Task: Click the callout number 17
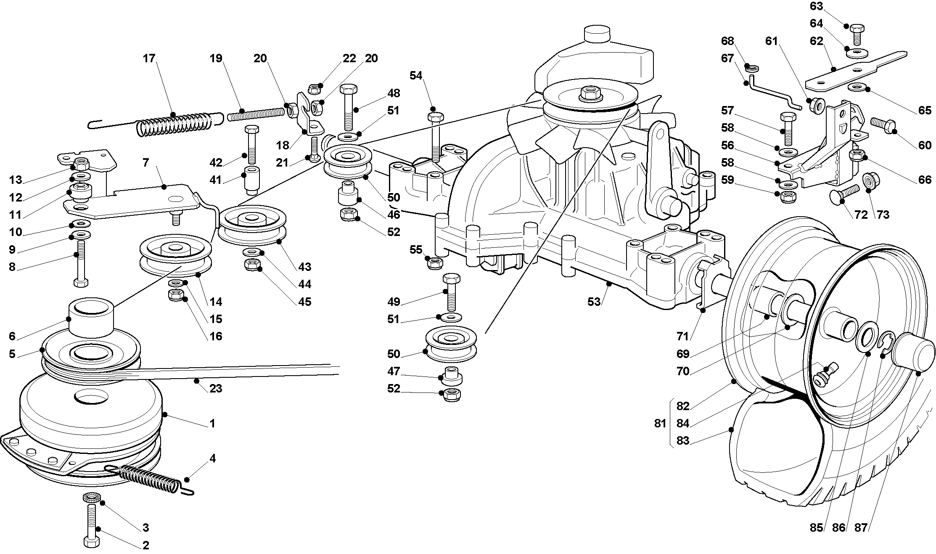pos(149,58)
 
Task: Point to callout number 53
pos(594,302)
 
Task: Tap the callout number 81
pos(660,423)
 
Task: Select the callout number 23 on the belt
pos(215,388)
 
